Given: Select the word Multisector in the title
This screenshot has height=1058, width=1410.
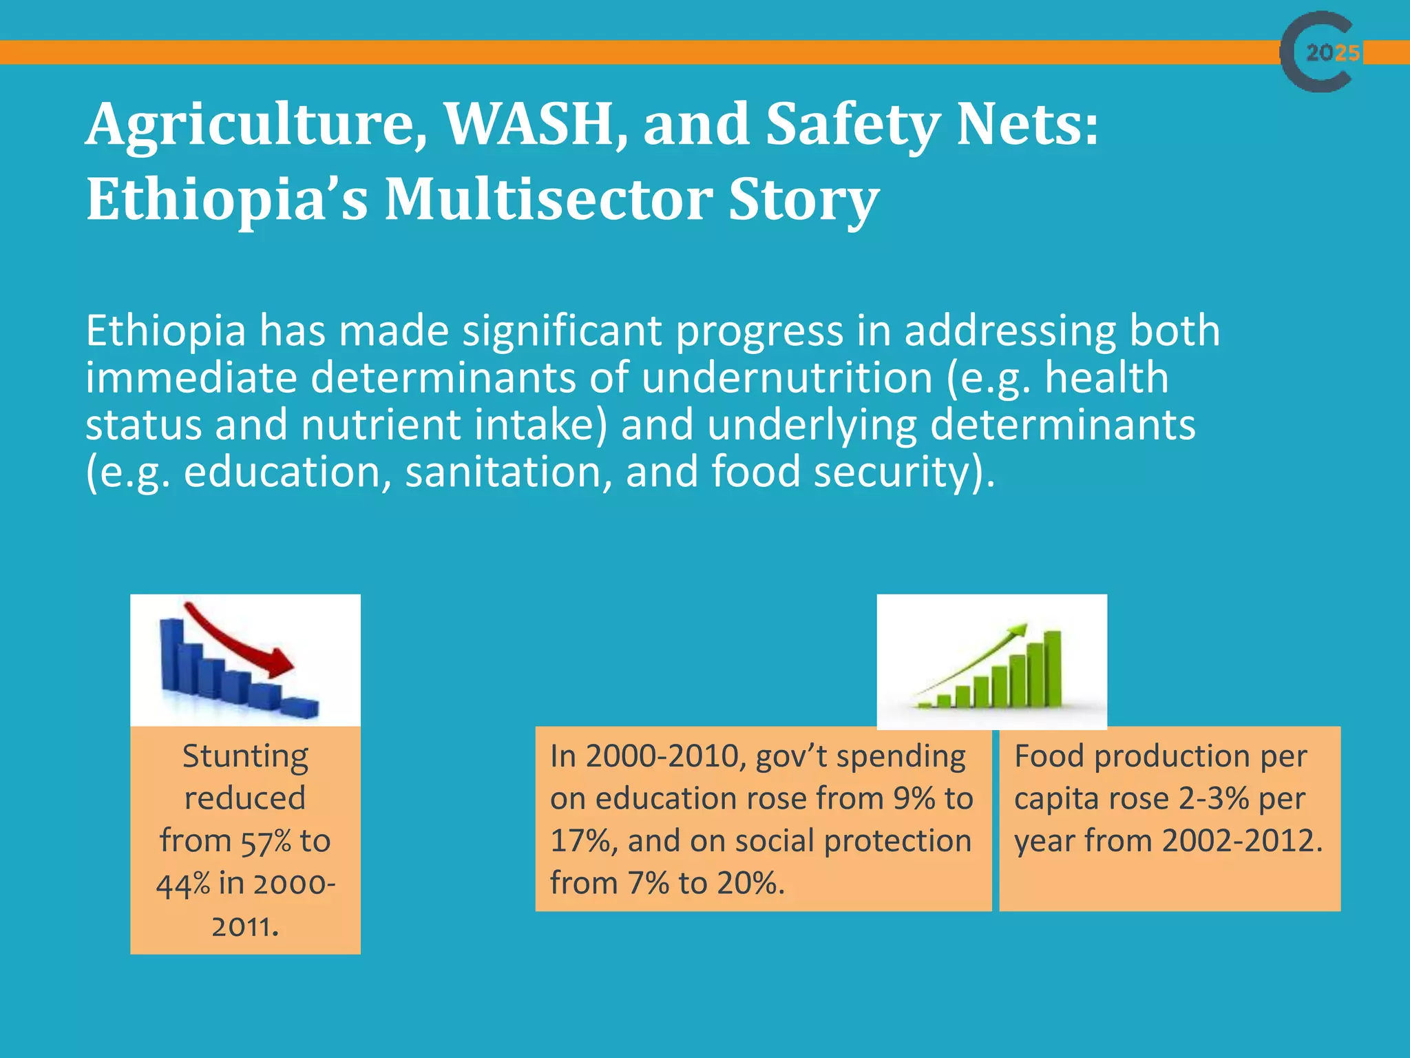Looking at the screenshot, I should coord(548,200).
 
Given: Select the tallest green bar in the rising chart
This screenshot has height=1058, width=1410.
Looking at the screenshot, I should coord(1052,668).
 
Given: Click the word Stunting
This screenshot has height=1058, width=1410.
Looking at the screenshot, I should coord(245,756).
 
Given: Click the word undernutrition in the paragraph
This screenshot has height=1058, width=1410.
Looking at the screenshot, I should coord(787,378).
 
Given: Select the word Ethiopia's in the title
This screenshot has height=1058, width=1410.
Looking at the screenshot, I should coord(227,200).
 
